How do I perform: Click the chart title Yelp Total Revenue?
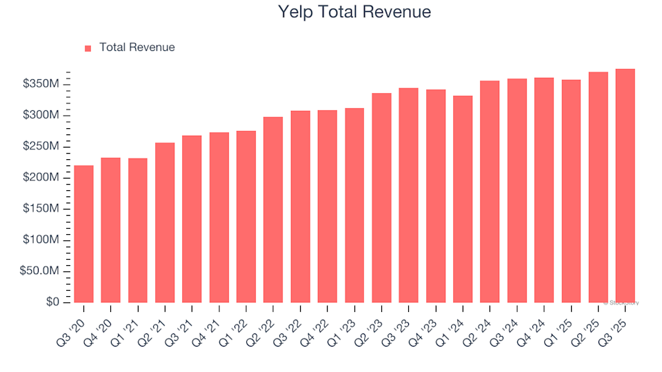point(354,12)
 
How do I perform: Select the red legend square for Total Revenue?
point(88,48)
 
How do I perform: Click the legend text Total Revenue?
point(137,48)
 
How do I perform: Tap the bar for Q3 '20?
point(83,234)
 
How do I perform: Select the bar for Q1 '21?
point(138,231)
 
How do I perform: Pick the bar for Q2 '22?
point(273,210)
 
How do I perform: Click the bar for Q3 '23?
point(409,196)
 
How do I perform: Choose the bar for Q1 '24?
point(463,199)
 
